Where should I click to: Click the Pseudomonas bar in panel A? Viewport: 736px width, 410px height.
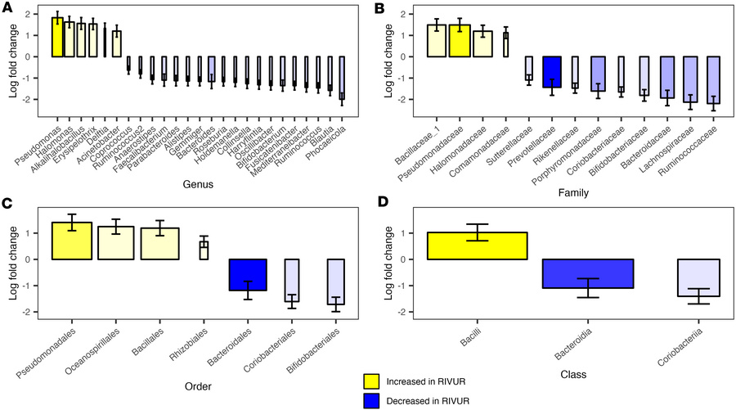[57, 38]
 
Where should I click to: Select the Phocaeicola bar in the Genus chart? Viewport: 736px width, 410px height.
[342, 78]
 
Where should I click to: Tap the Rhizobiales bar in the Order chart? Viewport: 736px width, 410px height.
[204, 250]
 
